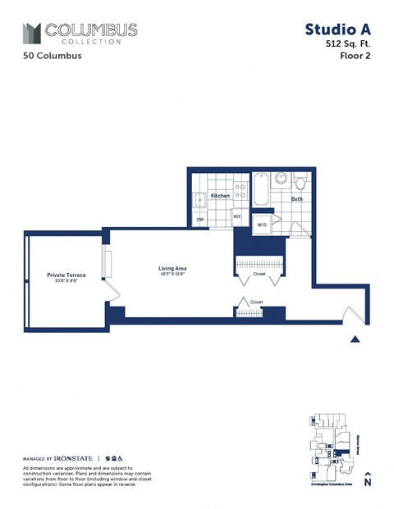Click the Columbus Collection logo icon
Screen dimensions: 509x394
pos(31,33)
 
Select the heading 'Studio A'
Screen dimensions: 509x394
pos(337,30)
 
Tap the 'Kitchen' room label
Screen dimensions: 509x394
pos(220,196)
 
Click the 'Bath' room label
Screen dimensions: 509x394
pos(296,198)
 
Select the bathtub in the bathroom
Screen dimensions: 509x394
pos(260,190)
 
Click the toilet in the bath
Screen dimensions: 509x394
pos(300,181)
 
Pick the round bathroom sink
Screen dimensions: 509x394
pos(281,178)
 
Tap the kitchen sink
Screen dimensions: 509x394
pos(199,200)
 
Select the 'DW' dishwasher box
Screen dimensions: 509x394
pos(199,220)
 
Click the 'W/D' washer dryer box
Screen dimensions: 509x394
pos(263,224)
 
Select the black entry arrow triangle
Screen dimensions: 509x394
pos(355,338)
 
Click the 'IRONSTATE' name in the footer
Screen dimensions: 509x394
pos(74,458)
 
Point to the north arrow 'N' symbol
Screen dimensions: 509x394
pos(368,481)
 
